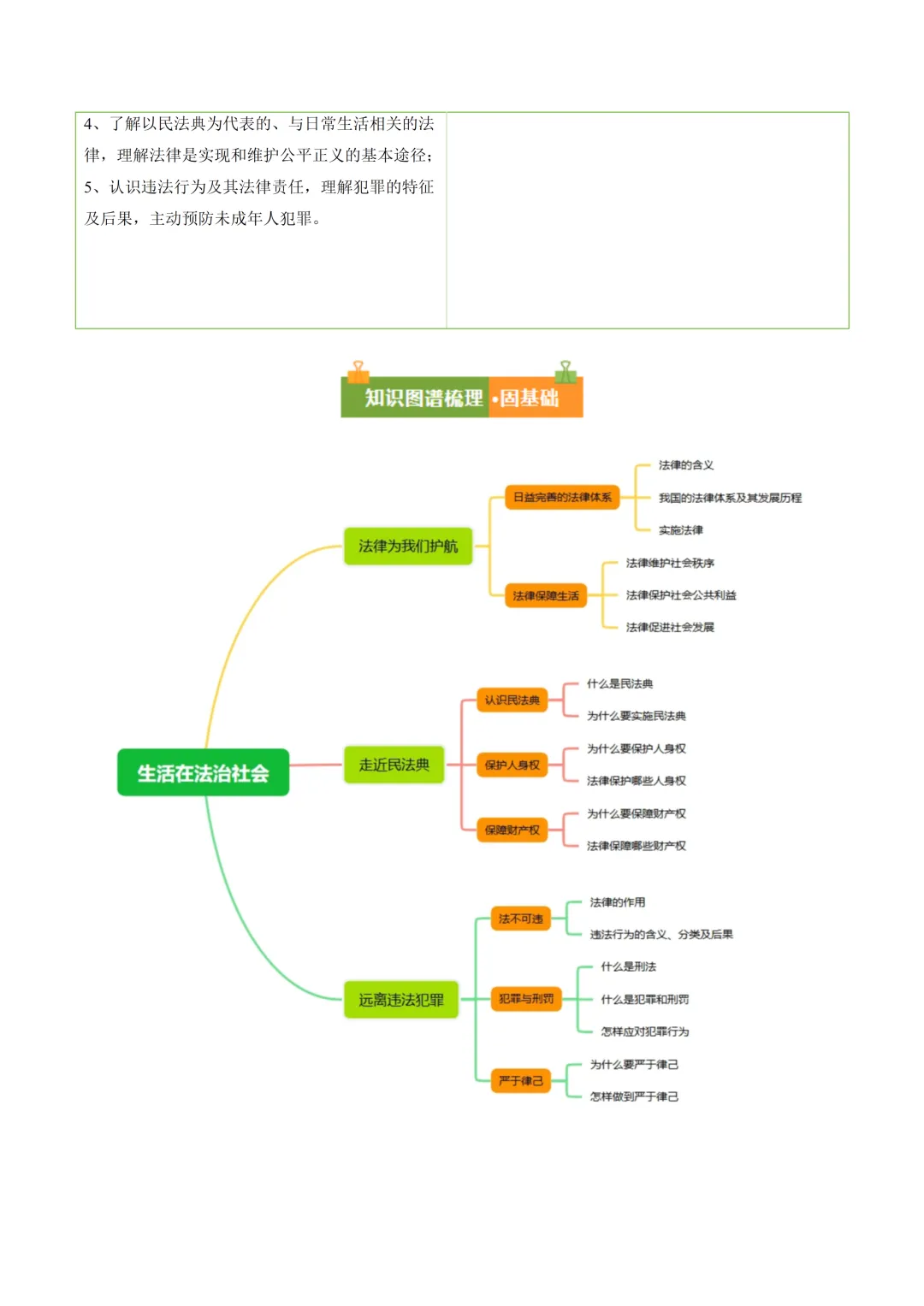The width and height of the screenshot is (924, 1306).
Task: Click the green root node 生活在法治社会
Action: coord(203,772)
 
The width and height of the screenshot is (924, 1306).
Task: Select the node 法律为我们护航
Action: coord(408,546)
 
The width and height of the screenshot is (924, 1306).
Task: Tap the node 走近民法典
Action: coord(394,765)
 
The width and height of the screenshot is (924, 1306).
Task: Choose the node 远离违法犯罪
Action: coord(400,999)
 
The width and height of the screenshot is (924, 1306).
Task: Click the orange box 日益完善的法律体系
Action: coord(562,497)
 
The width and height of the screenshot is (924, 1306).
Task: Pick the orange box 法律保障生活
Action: coord(545,595)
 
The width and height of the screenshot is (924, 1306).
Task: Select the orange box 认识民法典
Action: coord(512,700)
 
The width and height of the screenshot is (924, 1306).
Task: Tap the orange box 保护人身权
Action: coord(512,765)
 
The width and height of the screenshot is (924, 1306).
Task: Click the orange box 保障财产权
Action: coord(512,830)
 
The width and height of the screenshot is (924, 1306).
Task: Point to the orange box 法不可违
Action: coord(520,919)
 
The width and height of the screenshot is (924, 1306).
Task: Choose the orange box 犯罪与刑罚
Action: coord(525,998)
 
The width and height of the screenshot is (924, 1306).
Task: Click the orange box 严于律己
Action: coord(520,1080)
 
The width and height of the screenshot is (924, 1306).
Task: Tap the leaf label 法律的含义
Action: coord(685,465)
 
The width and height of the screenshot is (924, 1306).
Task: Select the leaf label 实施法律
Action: coord(680,530)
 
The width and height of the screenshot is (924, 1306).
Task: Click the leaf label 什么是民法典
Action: coord(619,683)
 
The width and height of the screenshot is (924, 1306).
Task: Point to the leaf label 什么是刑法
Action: coord(628,966)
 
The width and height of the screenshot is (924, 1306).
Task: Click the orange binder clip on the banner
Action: coord(358,372)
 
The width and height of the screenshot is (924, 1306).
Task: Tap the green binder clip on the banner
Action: coord(565,372)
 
